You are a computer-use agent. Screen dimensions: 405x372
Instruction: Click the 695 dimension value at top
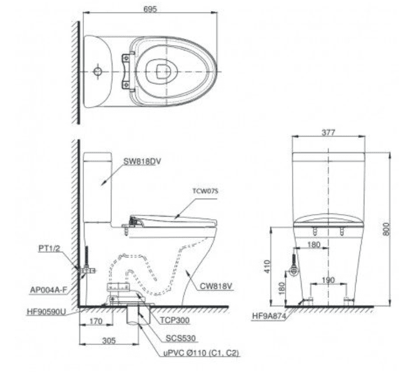(150, 9)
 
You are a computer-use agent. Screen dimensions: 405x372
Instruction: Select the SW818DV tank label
(142, 162)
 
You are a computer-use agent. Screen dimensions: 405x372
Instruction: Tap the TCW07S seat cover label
(205, 191)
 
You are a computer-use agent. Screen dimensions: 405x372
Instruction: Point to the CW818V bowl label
(216, 286)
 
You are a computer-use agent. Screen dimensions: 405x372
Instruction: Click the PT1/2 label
(49, 248)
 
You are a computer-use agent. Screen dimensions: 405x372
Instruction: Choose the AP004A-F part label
(48, 290)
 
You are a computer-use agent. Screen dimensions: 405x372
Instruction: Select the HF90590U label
(47, 312)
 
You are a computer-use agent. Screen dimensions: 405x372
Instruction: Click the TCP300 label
(175, 320)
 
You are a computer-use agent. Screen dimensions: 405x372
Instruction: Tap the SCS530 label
(181, 338)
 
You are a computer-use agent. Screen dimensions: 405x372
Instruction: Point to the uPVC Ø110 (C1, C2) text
(202, 353)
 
